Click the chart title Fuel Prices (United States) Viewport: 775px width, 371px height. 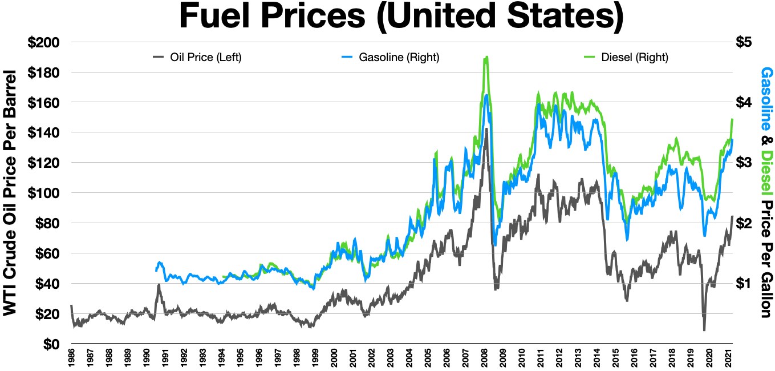tap(401, 17)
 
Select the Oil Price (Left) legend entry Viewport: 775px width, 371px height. tap(197, 57)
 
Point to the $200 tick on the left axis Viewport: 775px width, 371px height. tap(48, 42)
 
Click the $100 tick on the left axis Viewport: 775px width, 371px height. tap(48, 193)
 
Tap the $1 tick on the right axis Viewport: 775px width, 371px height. tap(745, 284)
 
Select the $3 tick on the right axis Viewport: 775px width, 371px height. tap(745, 163)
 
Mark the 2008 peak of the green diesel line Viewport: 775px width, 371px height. tap(486, 57)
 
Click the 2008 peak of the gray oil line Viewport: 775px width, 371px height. tap(486, 129)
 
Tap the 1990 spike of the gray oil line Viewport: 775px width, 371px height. tap(159, 285)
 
